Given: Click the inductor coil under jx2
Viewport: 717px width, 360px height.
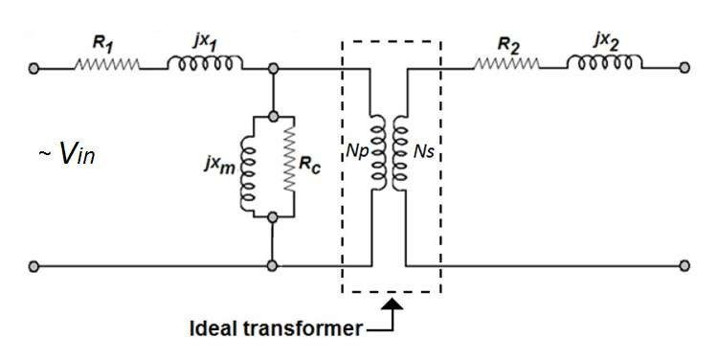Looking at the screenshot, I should pos(605,64).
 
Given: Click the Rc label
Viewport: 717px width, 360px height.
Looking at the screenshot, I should pos(314,164).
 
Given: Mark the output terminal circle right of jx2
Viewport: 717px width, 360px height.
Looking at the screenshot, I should pos(684,69).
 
